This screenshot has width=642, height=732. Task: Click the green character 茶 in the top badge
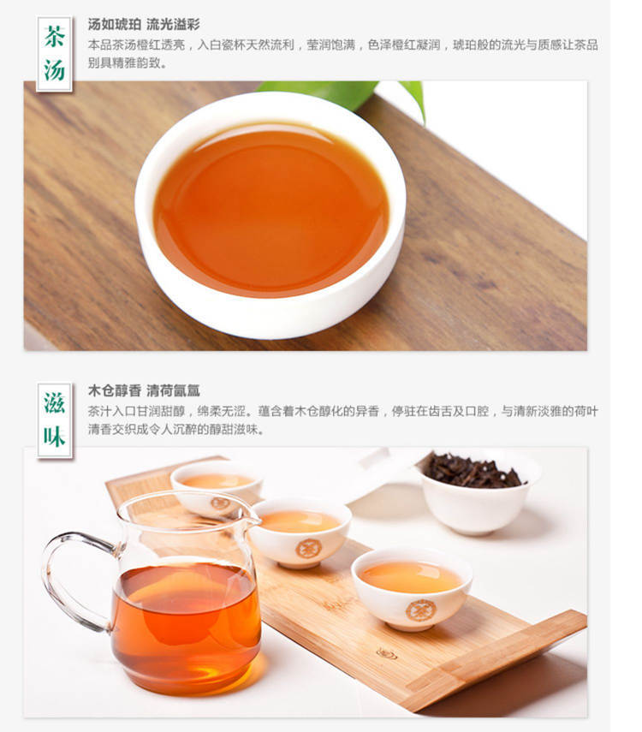coord(54,37)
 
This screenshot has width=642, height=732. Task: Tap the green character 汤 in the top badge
coord(54,70)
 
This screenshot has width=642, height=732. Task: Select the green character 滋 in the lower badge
coord(54,403)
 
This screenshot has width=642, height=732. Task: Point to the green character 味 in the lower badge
coord(54,437)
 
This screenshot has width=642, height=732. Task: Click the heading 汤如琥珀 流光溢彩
coord(144,24)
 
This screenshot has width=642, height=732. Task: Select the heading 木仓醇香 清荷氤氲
coord(144,390)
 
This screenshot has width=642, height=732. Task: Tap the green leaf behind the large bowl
coord(343,96)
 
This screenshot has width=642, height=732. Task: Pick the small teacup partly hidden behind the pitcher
coord(216,487)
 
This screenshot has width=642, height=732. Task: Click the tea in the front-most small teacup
coord(411,577)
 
